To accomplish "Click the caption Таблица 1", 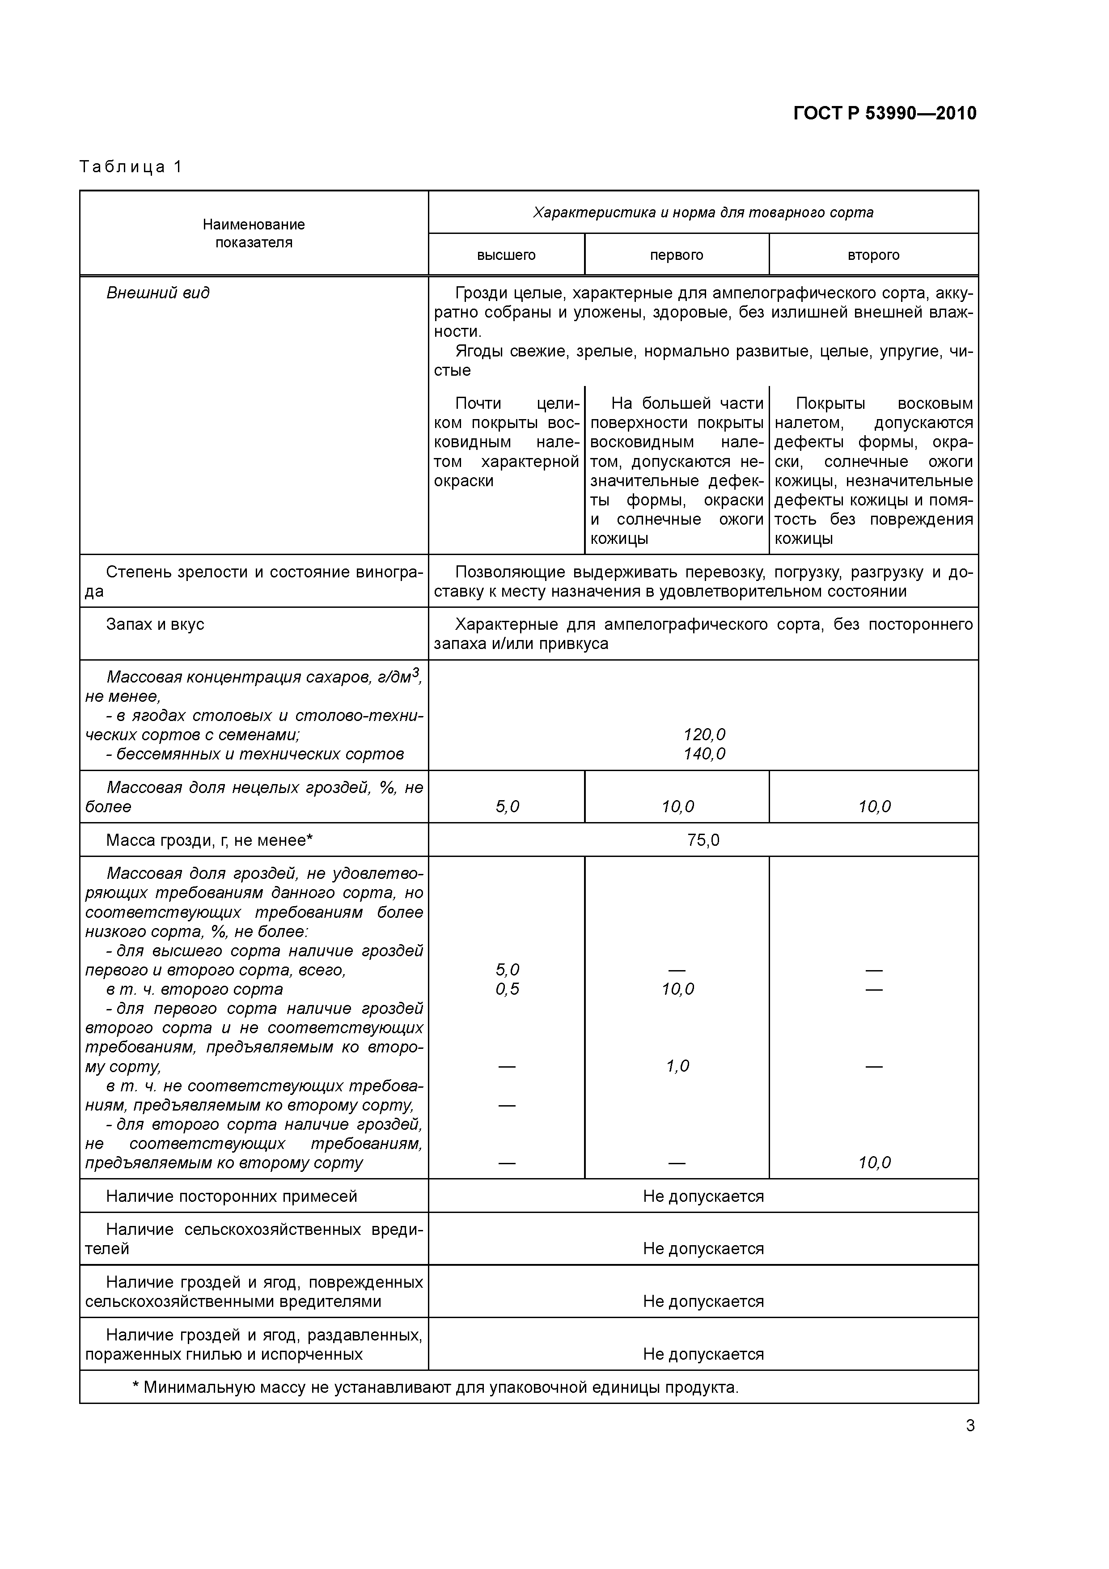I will tap(131, 167).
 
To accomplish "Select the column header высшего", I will tap(506, 255).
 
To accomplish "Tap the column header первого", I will tap(677, 255).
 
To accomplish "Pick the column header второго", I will tap(873, 255).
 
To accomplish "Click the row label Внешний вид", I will tap(158, 293).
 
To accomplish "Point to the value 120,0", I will tap(704, 734).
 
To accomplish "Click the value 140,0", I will tap(704, 754).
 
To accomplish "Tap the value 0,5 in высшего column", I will tap(507, 989).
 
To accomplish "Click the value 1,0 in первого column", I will tap(677, 1066).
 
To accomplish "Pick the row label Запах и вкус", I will tap(155, 624).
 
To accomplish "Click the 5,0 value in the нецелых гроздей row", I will tap(507, 807).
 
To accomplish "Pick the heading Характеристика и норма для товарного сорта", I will tap(703, 212).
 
